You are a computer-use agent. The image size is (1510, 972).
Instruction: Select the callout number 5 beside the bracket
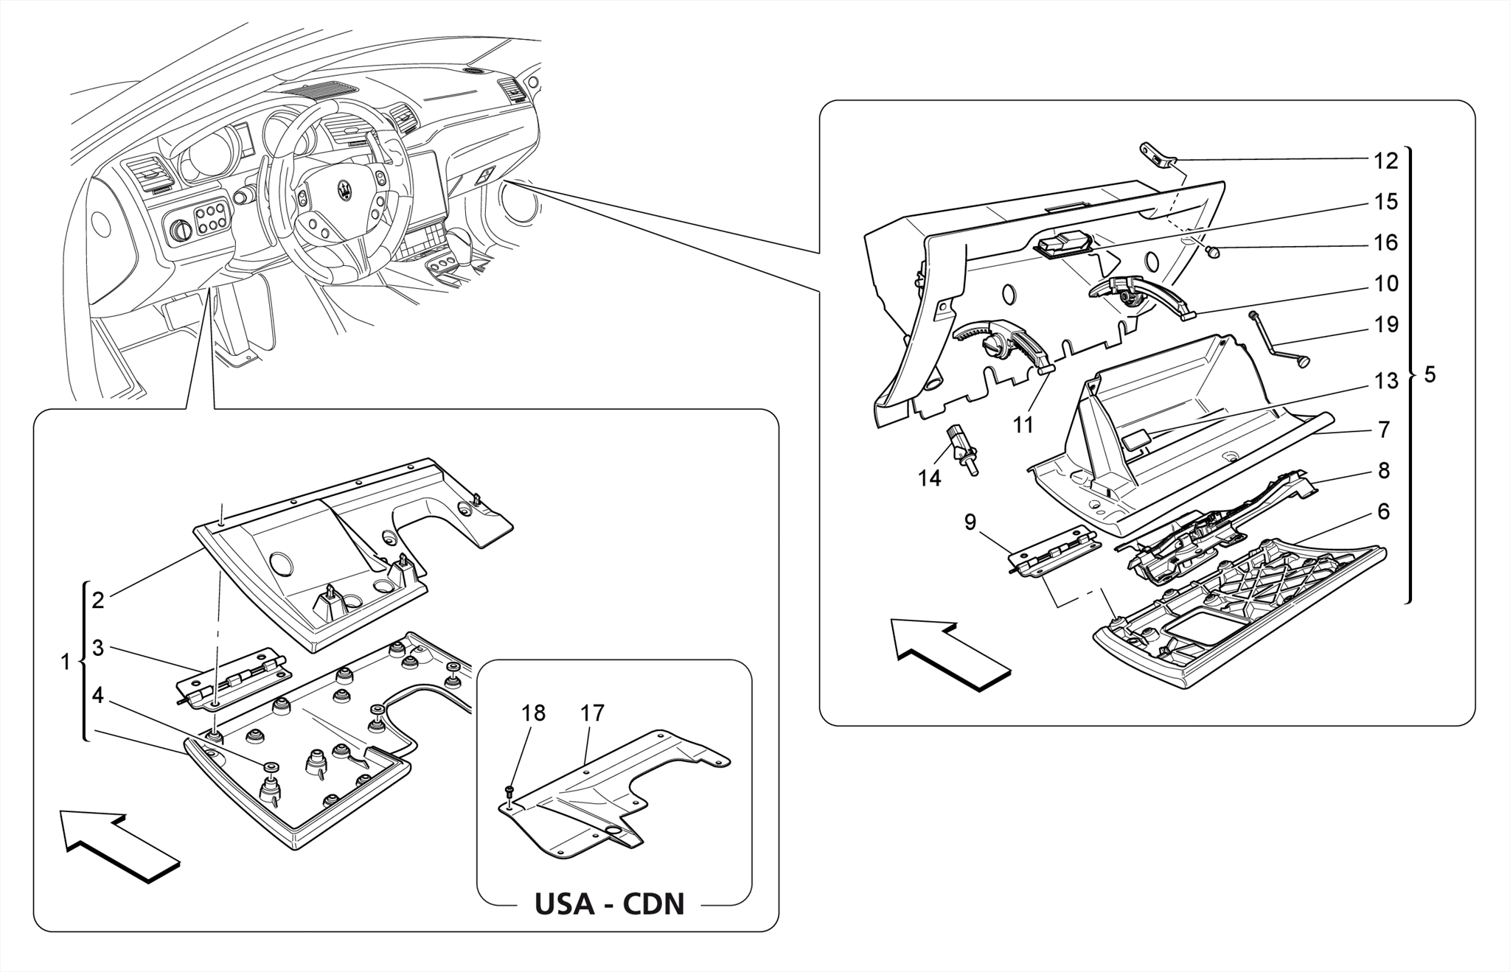click(x=1430, y=375)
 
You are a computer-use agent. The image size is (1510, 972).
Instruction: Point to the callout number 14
click(x=930, y=478)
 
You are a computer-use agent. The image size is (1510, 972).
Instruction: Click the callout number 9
click(x=970, y=522)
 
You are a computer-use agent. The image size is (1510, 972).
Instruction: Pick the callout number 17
click(x=592, y=713)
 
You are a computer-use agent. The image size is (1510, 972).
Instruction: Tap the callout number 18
click(x=533, y=713)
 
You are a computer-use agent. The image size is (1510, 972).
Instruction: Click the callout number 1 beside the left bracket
click(x=65, y=662)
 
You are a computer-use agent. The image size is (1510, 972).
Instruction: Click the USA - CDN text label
click(x=609, y=903)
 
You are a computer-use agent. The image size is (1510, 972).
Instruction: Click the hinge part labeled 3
click(x=234, y=674)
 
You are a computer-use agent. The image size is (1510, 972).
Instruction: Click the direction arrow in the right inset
click(x=950, y=655)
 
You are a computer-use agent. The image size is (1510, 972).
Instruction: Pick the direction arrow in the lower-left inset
click(x=119, y=846)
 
